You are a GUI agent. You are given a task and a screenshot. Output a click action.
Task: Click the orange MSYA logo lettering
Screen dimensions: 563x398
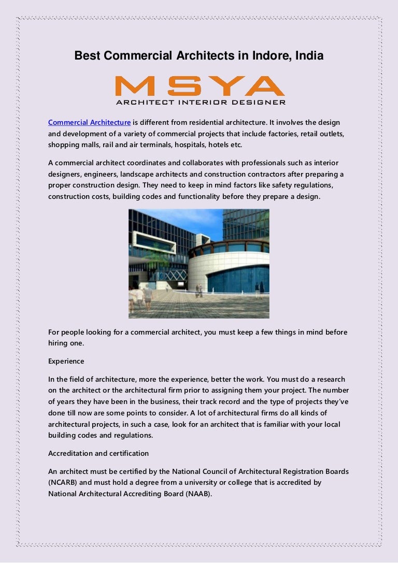click(x=200, y=86)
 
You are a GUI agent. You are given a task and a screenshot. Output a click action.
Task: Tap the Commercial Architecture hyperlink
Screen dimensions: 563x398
click(x=89, y=122)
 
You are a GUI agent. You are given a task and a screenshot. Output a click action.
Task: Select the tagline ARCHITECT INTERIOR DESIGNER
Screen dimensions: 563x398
click(x=200, y=103)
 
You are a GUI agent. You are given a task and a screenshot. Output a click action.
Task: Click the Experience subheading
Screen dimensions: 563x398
click(x=66, y=360)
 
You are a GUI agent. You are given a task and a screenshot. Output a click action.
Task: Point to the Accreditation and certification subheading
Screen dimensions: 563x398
click(x=98, y=453)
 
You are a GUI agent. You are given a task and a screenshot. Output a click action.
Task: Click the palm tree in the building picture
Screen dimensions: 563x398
click(x=156, y=256)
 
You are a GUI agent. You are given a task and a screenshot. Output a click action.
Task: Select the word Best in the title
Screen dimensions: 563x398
click(x=88, y=55)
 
